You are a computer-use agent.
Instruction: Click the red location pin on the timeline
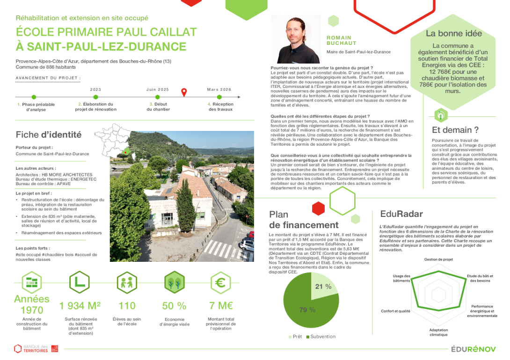[x=184, y=92]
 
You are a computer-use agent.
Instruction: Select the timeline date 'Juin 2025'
[x=158, y=89]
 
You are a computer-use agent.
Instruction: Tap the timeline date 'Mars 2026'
[x=219, y=89]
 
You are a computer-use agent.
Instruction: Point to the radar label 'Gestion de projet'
[x=438, y=259]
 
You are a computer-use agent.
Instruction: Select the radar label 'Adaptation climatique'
[x=438, y=332]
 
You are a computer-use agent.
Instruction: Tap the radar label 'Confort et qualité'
[x=395, y=311]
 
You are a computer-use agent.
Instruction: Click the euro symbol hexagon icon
[x=220, y=282]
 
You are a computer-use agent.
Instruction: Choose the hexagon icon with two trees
[x=174, y=282]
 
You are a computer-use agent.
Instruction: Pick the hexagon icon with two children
[x=127, y=282]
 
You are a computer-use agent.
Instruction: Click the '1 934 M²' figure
[x=80, y=306]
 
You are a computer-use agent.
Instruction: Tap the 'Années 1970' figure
[x=32, y=304]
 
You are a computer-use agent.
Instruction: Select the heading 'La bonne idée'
[x=453, y=34]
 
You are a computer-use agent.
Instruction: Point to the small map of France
[x=114, y=140]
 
